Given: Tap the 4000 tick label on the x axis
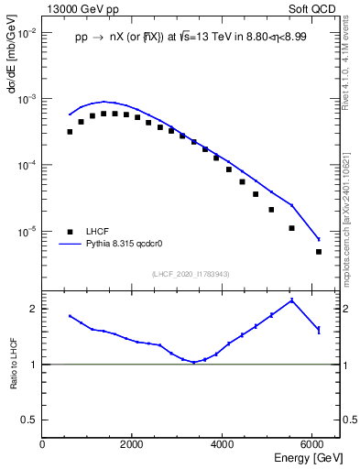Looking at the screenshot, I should pos(223,444).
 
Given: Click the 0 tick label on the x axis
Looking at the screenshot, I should pos(43,444).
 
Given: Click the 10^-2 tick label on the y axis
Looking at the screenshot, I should pos(26,32).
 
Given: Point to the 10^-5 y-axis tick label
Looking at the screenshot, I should pos(26,232).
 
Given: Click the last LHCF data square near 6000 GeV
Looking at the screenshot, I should pos(319,252).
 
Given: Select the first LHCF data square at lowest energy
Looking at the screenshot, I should pos(70,132).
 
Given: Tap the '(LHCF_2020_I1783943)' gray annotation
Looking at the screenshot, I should pos(191,274).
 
